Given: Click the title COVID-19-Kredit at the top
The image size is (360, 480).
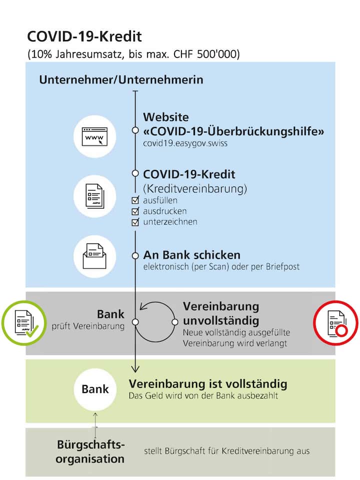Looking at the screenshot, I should (84, 36).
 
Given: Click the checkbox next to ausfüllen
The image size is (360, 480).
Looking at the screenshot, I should (135, 200).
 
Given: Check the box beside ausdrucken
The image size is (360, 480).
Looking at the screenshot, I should (135, 211).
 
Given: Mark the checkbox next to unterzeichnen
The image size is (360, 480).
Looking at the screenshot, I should (135, 222).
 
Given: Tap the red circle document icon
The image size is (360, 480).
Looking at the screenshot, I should (335, 323).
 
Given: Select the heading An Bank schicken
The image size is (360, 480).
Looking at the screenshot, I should (191, 254).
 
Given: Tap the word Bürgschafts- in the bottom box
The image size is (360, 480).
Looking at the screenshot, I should (90, 444).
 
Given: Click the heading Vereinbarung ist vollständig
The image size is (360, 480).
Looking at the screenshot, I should (208, 384).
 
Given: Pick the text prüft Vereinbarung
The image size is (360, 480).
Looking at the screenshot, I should (88, 327).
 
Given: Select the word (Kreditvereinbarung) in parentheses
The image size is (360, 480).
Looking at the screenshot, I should (195, 189).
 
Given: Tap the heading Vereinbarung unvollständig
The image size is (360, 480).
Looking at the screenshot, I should (221, 313).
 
